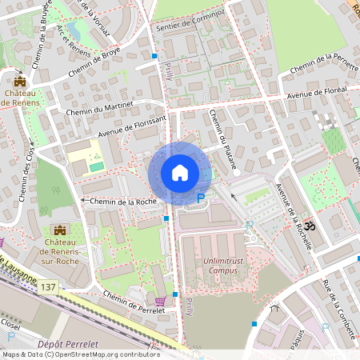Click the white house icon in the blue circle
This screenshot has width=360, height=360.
point(179,173)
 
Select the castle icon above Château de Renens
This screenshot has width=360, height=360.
point(19,80)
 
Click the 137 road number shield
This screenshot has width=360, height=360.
point(50,286)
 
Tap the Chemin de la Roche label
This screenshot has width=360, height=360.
point(123,201)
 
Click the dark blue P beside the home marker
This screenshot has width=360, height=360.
point(201,198)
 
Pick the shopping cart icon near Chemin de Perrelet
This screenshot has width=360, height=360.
point(160,302)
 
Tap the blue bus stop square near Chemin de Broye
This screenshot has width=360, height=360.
point(154,56)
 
